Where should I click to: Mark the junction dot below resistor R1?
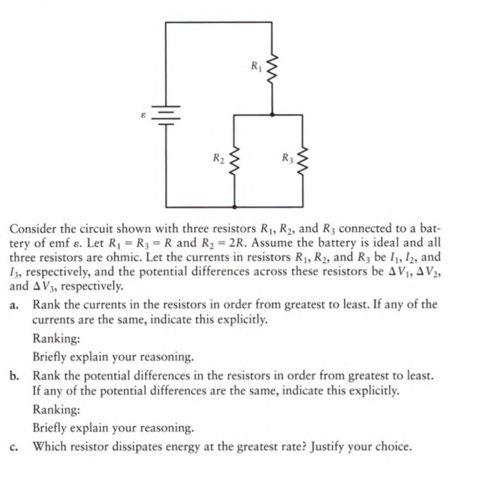tap(272, 114)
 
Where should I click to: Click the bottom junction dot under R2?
tap(234, 207)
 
